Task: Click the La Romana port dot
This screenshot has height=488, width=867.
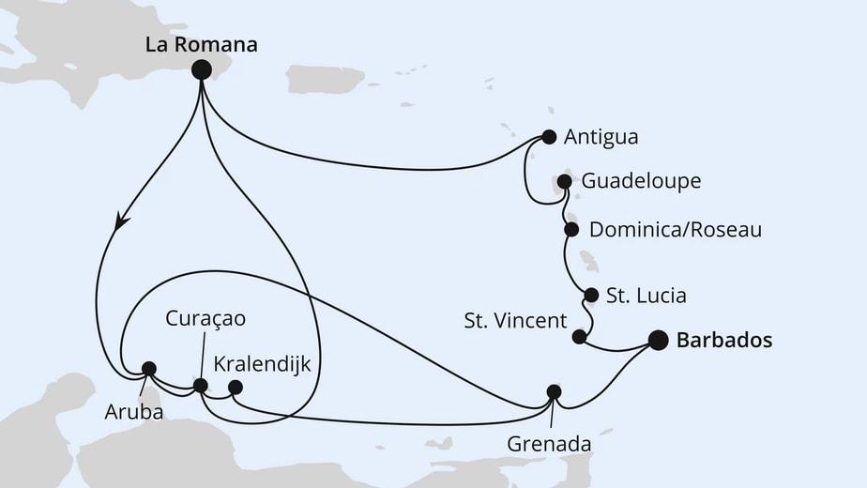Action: click(x=200, y=69)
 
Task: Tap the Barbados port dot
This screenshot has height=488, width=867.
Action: click(x=658, y=341)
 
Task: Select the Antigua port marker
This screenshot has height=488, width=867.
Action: click(x=549, y=137)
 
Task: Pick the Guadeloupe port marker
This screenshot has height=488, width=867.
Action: click(x=564, y=181)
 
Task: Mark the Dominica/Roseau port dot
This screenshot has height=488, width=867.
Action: click(x=571, y=229)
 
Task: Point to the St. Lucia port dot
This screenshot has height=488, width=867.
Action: click(x=591, y=296)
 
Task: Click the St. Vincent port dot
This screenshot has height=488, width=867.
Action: click(x=580, y=336)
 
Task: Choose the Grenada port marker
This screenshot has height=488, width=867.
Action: click(x=554, y=392)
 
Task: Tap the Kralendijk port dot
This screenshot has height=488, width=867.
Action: click(x=236, y=387)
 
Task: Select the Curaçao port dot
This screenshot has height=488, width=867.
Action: click(x=200, y=385)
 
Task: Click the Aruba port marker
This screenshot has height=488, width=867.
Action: click(x=148, y=369)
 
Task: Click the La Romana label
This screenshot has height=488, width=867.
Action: click(x=200, y=43)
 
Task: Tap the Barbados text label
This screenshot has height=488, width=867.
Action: click(x=724, y=341)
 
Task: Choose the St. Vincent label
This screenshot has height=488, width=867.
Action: click(x=515, y=321)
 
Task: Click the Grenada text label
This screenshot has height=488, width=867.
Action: click(x=549, y=443)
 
